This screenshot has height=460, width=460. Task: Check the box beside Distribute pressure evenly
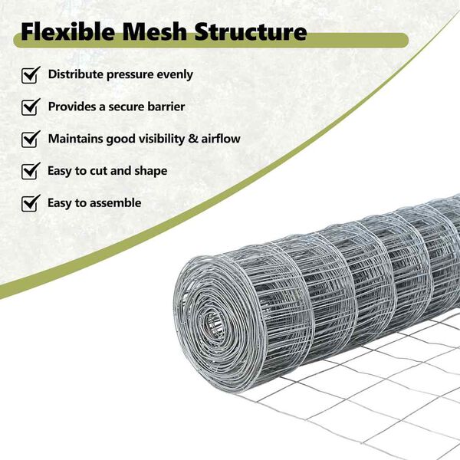[31, 75]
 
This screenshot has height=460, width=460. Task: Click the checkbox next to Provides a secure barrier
[31, 107]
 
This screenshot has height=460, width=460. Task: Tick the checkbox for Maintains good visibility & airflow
[31, 140]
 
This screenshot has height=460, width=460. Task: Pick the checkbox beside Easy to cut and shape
[31, 171]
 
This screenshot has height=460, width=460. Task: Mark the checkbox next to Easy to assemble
[31, 203]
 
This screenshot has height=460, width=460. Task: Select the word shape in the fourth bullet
[150, 172]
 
